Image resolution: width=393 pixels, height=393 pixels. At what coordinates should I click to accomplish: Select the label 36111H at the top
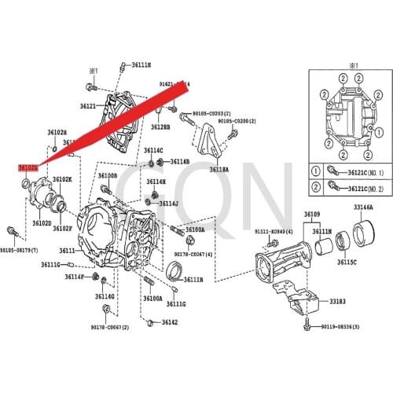coord(141,64)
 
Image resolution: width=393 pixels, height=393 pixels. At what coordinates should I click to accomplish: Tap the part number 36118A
coord(219,169)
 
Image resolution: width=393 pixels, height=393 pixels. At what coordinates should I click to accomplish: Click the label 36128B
coord(160,126)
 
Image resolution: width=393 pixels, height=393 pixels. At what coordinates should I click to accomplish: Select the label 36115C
coord(347,262)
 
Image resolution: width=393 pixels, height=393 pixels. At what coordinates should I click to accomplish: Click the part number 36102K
coord(61,179)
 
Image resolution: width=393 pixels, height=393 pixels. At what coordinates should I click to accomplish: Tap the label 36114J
coord(168,203)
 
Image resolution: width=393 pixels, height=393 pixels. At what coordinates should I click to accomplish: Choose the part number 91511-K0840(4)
coord(273,233)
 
